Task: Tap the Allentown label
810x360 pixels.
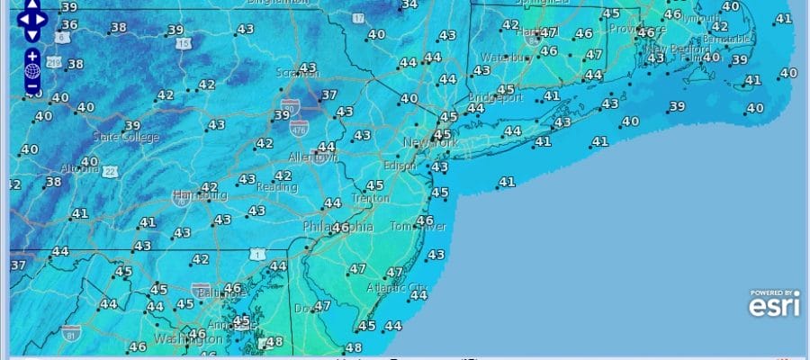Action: coord(313,157)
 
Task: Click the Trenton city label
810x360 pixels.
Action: coord(372,198)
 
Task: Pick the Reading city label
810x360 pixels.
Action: coord(277,186)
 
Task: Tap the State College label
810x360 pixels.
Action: coord(126,138)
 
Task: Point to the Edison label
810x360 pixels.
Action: coord(400,166)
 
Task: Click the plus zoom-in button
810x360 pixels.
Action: coord(32,56)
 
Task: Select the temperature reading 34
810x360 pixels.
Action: coord(409,4)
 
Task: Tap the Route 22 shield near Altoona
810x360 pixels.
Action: coord(110,171)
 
